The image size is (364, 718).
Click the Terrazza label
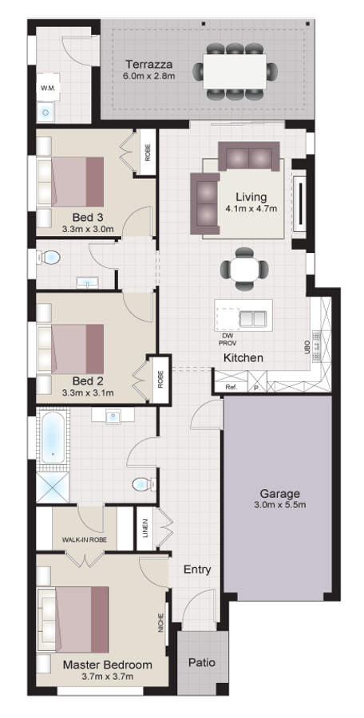coord(149,64)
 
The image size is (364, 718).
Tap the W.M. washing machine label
coord(48,88)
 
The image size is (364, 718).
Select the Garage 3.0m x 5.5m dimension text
coord(280,506)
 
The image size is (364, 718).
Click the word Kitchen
coord(243,357)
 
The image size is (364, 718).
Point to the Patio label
coord(202,662)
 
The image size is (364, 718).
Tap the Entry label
coord(198,570)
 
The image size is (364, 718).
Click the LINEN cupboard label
coord(145,528)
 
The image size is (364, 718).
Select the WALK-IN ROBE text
coord(85,540)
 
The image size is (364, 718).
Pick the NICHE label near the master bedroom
coord(161,623)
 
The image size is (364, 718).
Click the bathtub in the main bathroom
coord(53,438)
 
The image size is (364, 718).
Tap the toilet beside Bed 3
coord(49,258)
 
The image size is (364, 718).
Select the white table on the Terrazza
coord(235,72)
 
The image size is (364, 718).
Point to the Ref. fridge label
coord(231,388)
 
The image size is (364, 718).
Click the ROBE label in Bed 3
coord(148,153)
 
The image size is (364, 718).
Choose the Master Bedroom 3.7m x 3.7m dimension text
coord(107,677)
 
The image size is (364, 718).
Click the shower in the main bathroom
coord(53,487)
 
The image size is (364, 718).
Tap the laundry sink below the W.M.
coord(45,112)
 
